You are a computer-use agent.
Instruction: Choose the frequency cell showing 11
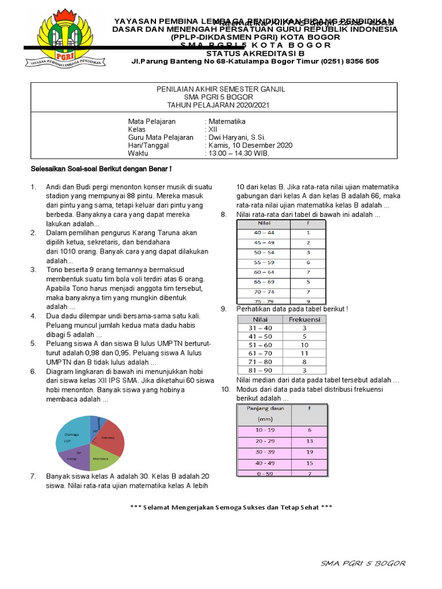305,353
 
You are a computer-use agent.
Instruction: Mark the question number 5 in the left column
34,343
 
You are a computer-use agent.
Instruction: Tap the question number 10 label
226,389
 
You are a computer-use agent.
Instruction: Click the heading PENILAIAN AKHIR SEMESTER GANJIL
222,90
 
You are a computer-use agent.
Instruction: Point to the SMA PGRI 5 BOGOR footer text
363,563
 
